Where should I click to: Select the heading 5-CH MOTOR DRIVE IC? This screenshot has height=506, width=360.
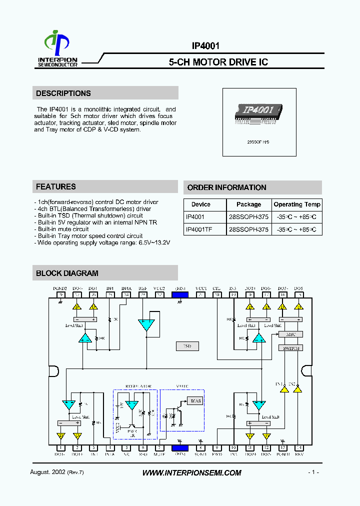tap(218, 62)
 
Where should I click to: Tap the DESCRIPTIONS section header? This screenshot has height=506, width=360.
tap(63, 93)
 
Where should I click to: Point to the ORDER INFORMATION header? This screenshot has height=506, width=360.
tap(226, 187)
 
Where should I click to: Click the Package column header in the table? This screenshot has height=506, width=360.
tap(248, 204)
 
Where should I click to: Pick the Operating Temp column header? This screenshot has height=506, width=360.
tap(297, 204)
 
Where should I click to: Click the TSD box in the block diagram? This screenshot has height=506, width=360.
tap(187, 346)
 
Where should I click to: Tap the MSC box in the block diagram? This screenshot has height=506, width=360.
tap(290, 334)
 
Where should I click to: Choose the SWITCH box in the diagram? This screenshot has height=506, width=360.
tap(290, 347)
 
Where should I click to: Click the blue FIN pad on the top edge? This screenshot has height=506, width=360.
tap(179, 295)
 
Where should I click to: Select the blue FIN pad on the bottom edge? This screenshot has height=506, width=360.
tap(179, 448)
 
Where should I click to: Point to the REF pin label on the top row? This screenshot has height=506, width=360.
tap(143, 288)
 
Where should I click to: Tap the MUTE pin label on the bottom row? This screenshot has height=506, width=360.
tap(159, 454)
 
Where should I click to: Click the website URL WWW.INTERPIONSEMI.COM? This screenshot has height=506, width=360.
tap(192, 473)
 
